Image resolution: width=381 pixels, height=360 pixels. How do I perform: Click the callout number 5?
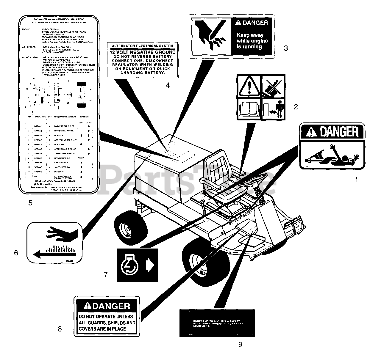30,203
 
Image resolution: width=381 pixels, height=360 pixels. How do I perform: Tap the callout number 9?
240,345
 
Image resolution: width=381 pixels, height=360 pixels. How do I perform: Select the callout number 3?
286,48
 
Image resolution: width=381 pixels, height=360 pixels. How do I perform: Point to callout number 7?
106,274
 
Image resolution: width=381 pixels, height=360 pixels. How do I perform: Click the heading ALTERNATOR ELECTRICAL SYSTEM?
142,46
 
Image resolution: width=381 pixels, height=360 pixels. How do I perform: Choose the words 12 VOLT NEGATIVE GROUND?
142,52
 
